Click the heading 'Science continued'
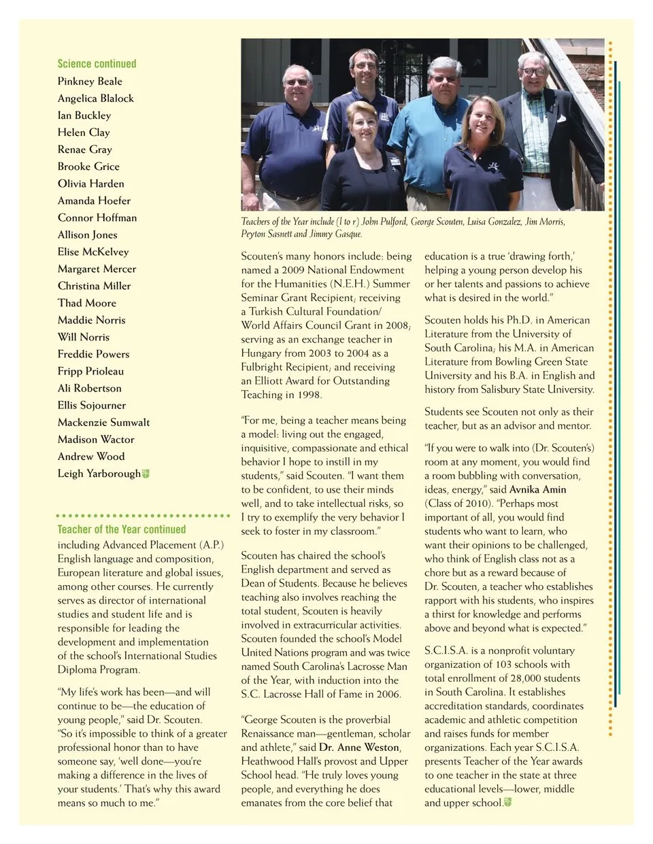point(97,64)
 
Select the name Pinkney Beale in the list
point(90,82)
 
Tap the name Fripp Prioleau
point(90,371)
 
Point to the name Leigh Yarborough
point(99,474)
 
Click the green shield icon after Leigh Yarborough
point(146,474)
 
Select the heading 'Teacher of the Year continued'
point(121,529)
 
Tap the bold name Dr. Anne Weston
point(358,748)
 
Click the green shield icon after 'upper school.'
point(507,803)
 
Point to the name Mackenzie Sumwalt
point(103,423)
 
